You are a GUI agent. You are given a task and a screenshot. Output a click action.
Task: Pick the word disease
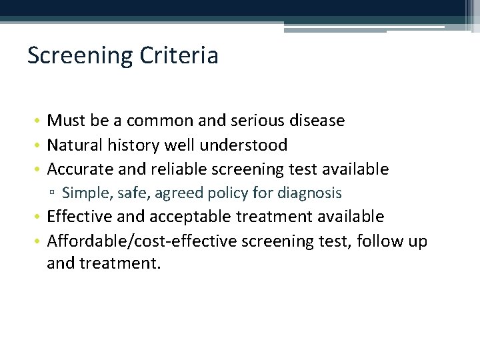[x=317, y=121]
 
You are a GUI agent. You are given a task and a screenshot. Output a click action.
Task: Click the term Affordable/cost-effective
[x=142, y=240]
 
